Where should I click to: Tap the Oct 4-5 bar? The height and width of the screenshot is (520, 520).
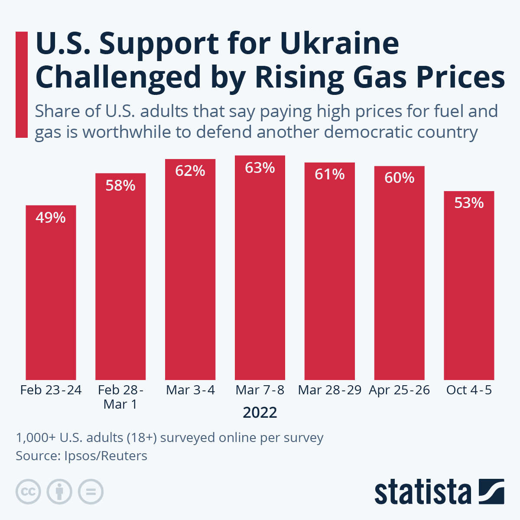pos(469,286)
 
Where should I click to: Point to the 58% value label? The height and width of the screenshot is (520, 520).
pos(120,185)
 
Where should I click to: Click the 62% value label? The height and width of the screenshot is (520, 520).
pos(190,171)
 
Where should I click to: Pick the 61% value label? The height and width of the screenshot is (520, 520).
pos(330,174)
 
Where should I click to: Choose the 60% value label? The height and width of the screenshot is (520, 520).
pos(400,178)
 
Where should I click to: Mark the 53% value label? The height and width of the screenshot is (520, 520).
pos(469,203)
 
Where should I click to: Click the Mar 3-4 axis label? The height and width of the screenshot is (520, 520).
pos(190,390)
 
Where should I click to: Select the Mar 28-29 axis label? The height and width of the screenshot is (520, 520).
pos(330,390)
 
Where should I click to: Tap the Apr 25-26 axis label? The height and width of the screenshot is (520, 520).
pos(400,390)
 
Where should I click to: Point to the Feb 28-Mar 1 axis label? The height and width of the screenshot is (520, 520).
pos(120,397)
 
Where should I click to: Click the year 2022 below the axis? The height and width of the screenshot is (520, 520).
pos(260,413)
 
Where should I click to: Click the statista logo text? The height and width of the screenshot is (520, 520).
pos(422,493)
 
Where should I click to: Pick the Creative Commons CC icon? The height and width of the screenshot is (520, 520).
pos(28,492)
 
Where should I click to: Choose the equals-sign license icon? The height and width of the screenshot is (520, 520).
pos(91,492)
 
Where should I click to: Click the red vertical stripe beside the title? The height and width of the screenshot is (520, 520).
pos(21,84)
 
